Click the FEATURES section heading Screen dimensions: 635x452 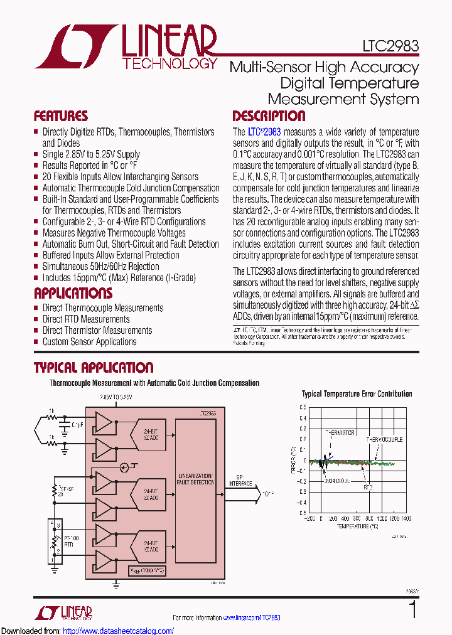(60, 117)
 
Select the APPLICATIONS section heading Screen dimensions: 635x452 (73, 294)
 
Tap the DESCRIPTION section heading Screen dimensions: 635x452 (269, 117)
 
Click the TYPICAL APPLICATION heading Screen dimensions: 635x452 (93, 368)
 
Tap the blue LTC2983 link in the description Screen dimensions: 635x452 (264, 132)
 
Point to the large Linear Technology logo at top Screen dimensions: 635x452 (126, 47)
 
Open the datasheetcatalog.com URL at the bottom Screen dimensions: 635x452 (119, 631)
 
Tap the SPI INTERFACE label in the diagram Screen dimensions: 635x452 (240, 480)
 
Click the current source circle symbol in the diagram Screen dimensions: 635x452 (125, 467)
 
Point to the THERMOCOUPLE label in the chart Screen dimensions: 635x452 (384, 440)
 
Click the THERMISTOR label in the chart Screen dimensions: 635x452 (340, 433)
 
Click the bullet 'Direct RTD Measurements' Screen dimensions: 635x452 (86, 319)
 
